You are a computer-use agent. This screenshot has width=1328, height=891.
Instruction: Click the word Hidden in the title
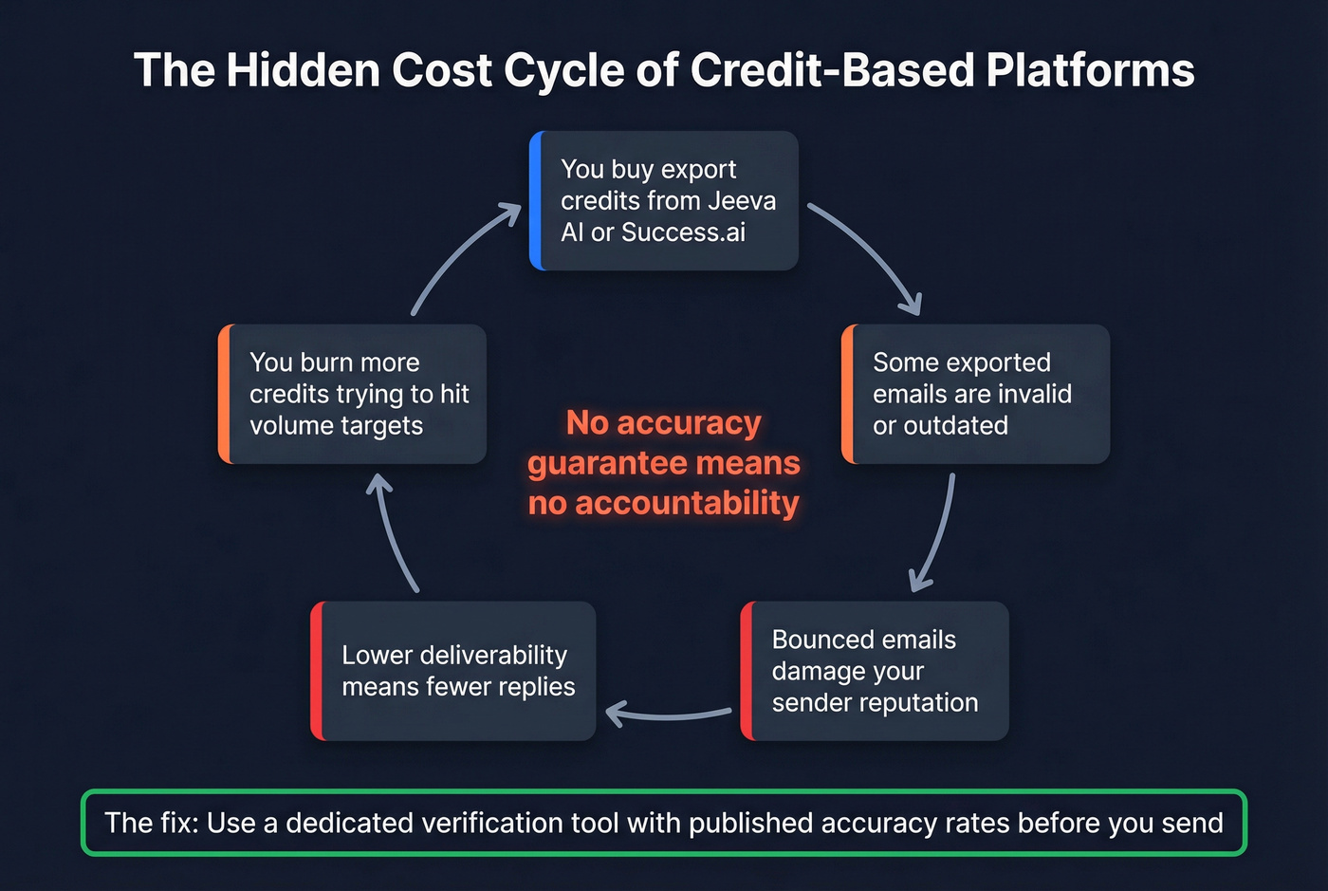303,70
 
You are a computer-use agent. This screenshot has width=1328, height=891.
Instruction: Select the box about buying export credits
664,200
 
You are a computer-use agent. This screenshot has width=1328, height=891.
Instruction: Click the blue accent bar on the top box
536,200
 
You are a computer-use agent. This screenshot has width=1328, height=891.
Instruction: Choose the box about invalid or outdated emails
975,394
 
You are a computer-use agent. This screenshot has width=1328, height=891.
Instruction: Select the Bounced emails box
875,671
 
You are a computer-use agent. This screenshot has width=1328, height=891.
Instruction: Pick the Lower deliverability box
453,671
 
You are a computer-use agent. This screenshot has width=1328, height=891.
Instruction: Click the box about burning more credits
353,394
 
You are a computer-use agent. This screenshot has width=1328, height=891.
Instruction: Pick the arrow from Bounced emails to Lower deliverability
669,715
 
